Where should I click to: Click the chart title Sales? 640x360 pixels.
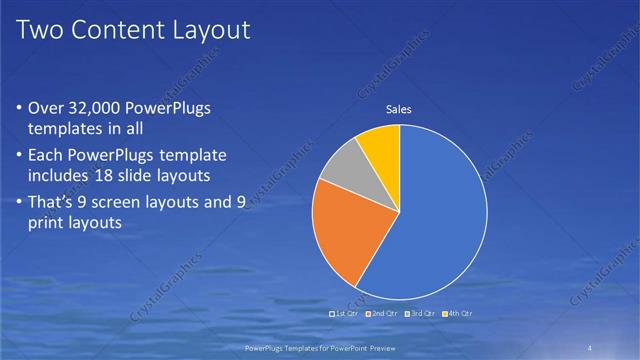click(399, 110)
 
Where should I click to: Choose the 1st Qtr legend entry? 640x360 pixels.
click(345, 314)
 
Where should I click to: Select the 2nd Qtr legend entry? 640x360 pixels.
click(385, 314)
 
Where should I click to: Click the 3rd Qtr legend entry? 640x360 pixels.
click(421, 314)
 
